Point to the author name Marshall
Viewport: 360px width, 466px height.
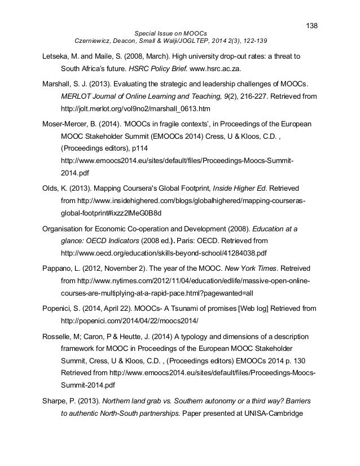point(58,82)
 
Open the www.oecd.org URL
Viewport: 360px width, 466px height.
point(163,253)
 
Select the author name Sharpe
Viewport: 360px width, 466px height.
point(56,403)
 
